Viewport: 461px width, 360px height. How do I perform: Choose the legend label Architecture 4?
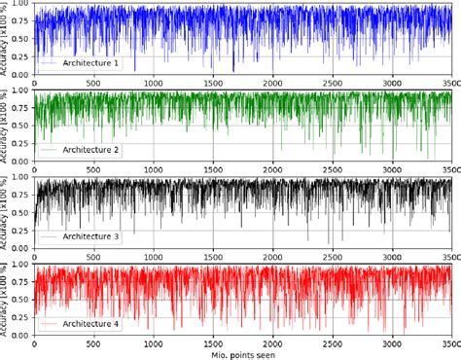pos(89,322)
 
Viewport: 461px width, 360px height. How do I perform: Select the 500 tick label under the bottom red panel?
pos(94,342)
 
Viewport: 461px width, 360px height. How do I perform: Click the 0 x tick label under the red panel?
pos(35,342)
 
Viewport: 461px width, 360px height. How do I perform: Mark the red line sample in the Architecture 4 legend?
pos(49,322)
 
